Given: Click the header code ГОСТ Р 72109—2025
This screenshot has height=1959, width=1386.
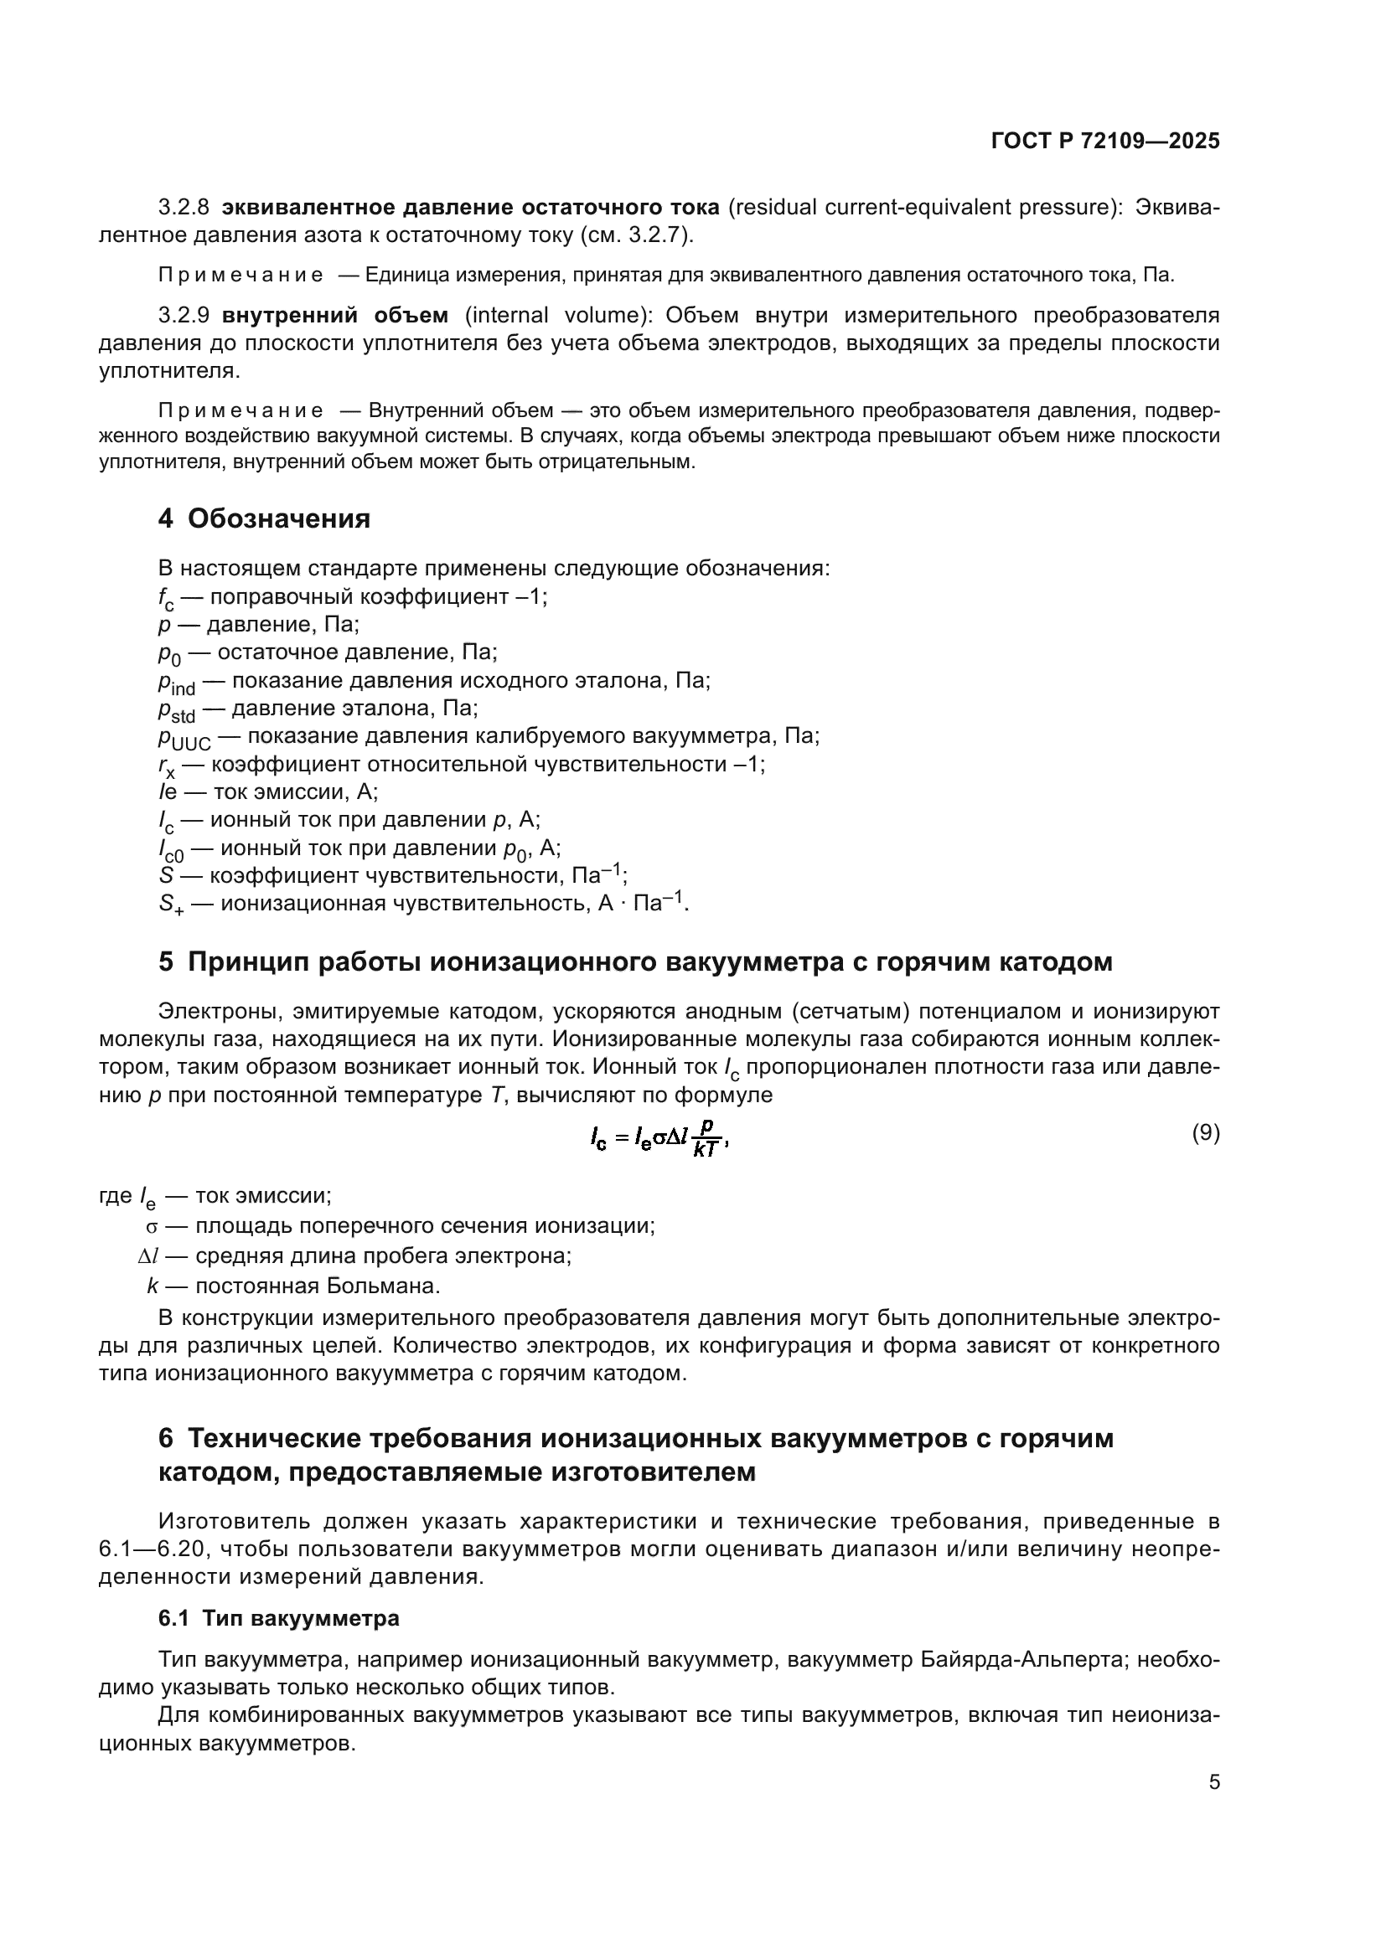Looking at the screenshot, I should point(1105,142).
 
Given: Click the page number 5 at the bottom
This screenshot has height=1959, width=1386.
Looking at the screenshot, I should point(1213,1781).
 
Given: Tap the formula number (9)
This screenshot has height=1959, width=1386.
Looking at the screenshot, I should point(1205,1133).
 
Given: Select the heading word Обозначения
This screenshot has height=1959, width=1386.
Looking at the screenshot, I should point(279,518).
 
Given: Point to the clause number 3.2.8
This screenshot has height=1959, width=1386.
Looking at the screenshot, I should point(184,208).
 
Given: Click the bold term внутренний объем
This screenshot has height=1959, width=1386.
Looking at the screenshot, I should point(334,316).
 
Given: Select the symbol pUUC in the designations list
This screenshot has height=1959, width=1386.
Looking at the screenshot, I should point(184,738).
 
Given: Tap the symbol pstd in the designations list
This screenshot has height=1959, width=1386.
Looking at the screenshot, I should point(176,710).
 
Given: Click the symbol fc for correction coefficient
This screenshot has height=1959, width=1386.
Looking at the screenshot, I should point(166,598).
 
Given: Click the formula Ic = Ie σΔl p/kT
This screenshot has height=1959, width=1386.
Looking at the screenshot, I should point(658,1138).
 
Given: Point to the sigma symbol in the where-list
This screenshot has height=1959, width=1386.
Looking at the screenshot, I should point(152,1227).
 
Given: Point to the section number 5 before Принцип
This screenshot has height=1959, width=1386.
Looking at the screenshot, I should point(166,962).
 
